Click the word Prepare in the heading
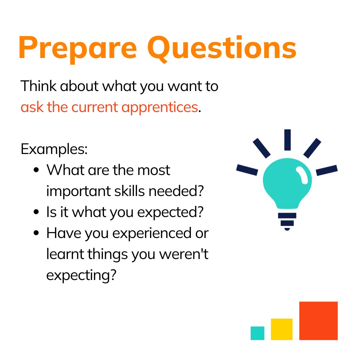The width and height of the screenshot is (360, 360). point(77,48)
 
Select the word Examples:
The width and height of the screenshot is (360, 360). point(54,149)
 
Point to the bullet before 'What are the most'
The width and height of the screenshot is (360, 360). point(37,170)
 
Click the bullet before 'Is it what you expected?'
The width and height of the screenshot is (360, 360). point(37,212)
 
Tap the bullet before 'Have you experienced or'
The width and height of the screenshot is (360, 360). point(37,233)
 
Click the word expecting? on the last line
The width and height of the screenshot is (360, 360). point(81,276)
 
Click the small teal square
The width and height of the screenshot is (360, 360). point(257,333)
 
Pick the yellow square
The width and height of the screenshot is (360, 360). point(282,329)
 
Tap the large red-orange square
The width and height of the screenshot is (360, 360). point(318,321)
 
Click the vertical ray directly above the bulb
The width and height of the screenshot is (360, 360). point(287,140)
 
